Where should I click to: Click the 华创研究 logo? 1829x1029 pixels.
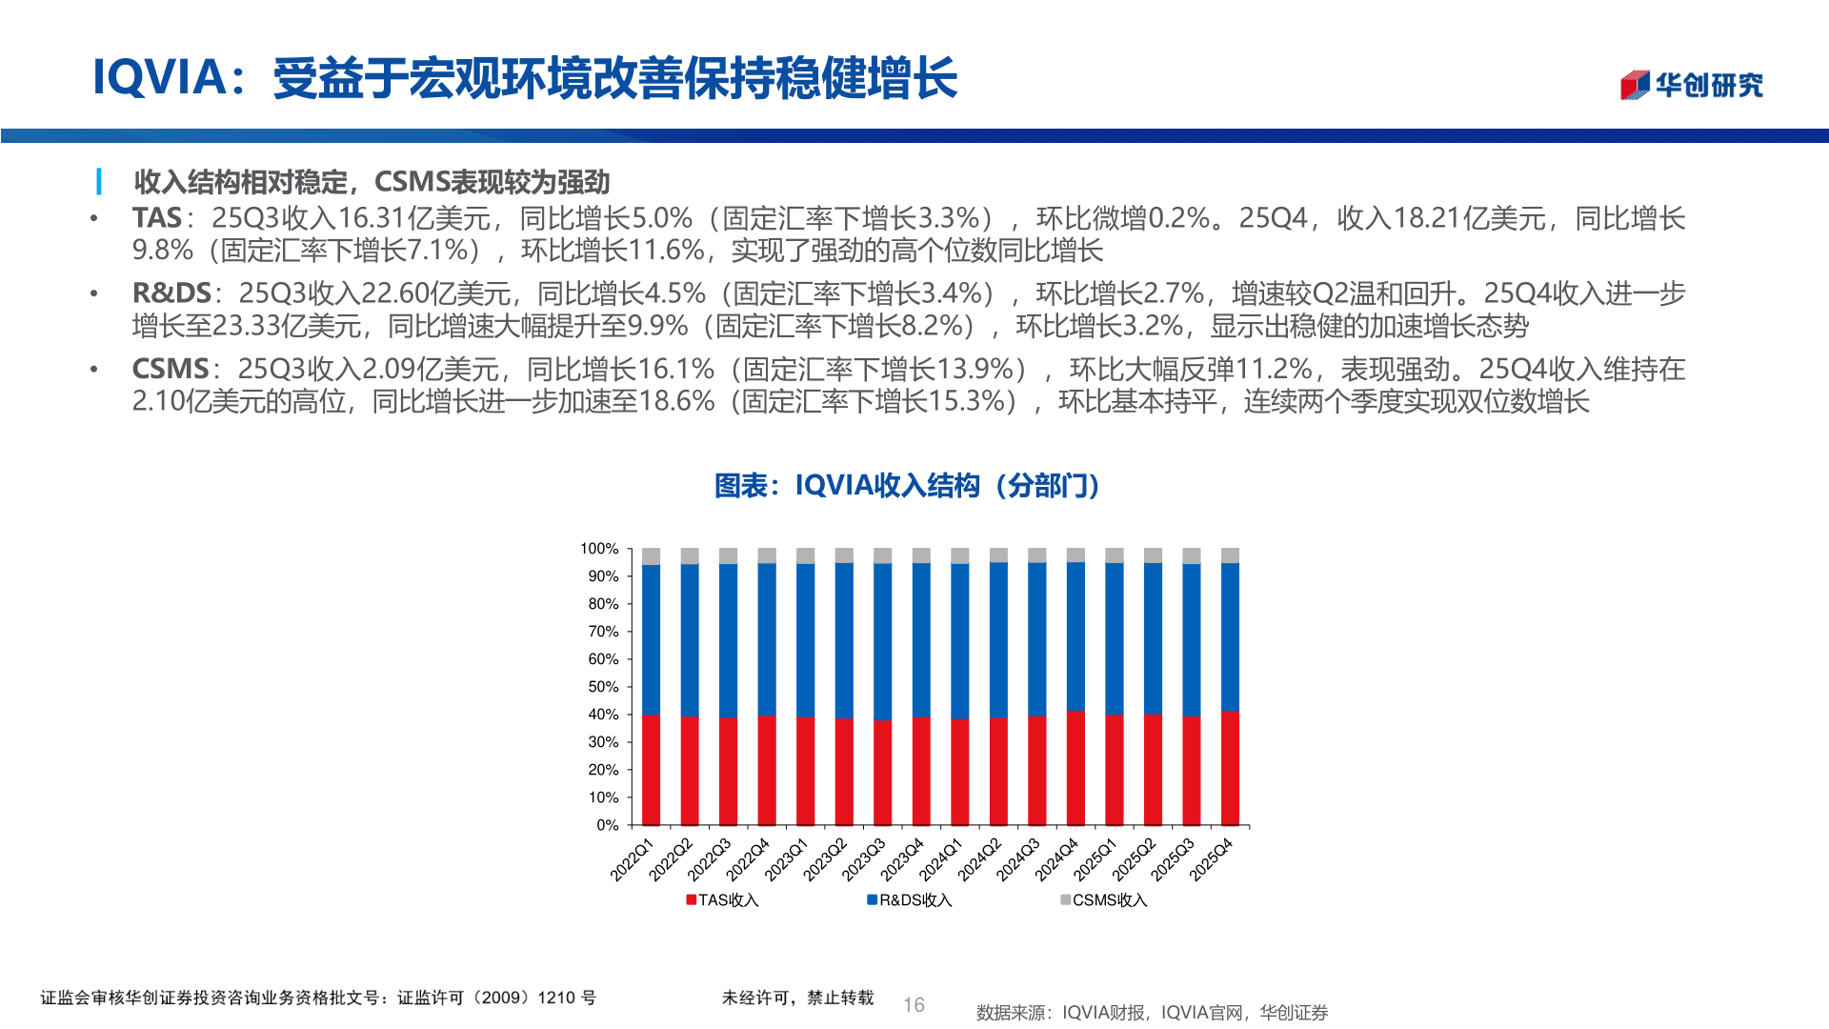pos(1691,85)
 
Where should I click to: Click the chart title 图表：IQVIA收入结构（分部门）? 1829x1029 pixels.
pos(908,486)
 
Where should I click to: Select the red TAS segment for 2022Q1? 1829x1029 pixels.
pos(652,770)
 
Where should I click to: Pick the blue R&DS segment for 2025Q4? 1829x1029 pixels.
pos(1230,636)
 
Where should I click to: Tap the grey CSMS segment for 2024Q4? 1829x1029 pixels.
pos(1075,555)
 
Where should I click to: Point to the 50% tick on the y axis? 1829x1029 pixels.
pos(603,687)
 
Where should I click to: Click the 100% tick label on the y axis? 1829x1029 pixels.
pos(599,549)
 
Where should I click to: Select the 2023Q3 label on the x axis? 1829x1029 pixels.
pos(864,859)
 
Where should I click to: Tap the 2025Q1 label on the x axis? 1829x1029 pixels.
pos(1095,859)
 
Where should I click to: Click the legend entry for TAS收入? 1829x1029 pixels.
pos(722,900)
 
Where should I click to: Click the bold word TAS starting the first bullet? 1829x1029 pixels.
pos(156,218)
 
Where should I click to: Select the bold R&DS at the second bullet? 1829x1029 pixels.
pos(171,293)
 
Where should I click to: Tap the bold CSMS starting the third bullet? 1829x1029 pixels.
pos(170,369)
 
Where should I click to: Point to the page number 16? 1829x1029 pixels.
pos(914,1005)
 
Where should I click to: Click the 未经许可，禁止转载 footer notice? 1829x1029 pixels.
pos(797,998)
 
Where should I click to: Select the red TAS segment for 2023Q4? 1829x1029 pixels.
pos(921,771)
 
